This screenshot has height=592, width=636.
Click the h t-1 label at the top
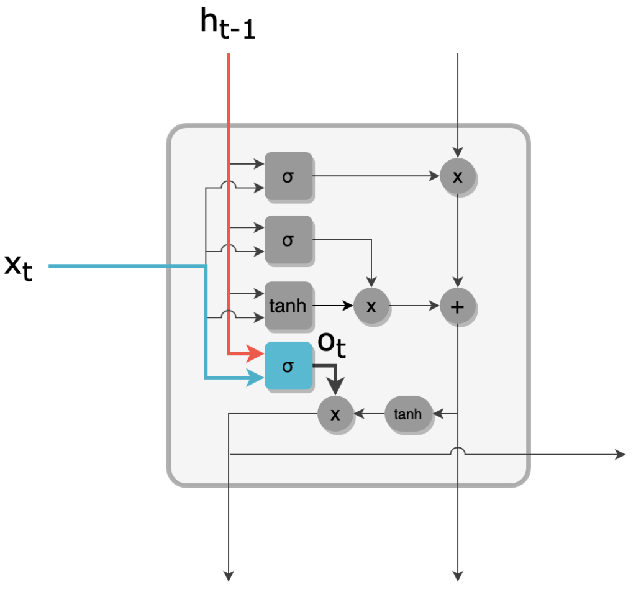click(228, 24)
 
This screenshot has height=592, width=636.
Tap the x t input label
click(18, 266)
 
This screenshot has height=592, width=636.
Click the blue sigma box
click(288, 366)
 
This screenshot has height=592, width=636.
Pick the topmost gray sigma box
click(288, 176)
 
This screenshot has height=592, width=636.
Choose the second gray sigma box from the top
click(288, 240)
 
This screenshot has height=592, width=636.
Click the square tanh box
click(288, 306)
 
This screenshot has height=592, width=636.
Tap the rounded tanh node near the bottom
click(407, 414)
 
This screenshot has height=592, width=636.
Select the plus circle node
click(458, 306)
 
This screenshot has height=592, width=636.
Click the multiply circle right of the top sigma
click(458, 176)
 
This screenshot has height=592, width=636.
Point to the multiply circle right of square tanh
click(371, 306)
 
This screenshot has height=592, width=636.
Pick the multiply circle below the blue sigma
click(335, 414)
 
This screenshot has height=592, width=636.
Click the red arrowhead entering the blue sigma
click(255, 354)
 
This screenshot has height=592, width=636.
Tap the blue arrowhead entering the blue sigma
click(255, 378)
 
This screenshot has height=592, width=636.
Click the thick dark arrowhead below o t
click(335, 386)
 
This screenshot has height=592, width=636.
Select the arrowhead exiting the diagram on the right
click(620, 455)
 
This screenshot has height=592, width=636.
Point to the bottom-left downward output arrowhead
click(229, 576)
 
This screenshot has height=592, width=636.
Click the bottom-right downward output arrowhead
click(458, 576)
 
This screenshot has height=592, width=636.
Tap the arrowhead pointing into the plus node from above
click(458, 283)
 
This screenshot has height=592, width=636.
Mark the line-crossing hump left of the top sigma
click(229, 184)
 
